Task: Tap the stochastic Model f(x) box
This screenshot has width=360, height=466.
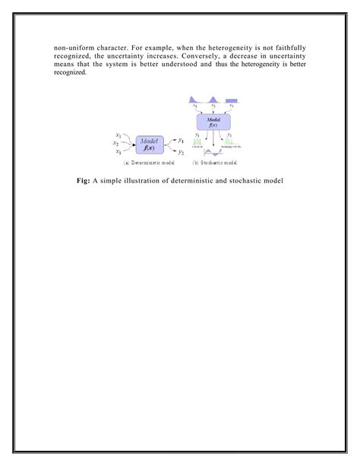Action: point(213,122)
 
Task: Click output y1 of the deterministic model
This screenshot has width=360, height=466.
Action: point(180,138)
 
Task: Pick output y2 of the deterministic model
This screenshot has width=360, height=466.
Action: point(180,151)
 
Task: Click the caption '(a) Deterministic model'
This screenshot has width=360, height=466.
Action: point(150,163)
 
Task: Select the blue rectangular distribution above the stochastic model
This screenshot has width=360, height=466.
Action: point(232,100)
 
